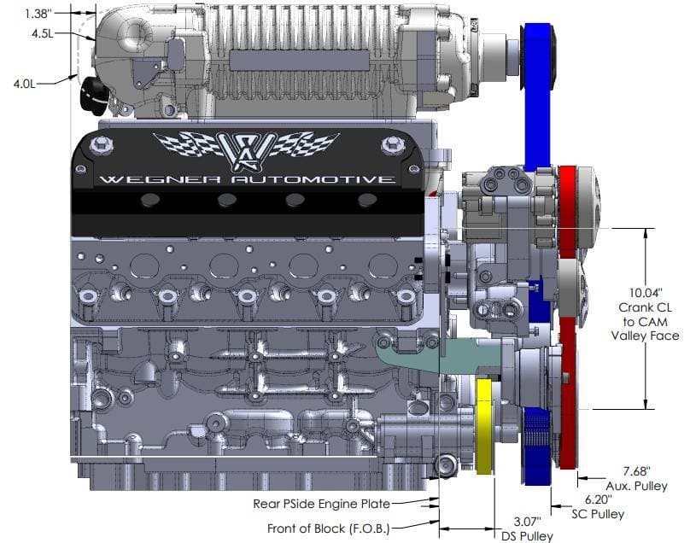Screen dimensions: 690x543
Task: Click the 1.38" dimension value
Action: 38,14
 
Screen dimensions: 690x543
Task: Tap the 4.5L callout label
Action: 42,33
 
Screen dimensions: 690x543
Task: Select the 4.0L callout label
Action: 24,84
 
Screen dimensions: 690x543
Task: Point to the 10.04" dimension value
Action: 645,293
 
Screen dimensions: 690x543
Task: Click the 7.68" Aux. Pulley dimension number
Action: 636,471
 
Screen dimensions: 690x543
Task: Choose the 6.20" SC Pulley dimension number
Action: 598,499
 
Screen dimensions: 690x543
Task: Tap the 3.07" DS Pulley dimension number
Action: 527,522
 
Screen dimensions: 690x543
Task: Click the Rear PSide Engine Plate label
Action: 321,504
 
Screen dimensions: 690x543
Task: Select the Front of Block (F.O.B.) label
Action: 328,528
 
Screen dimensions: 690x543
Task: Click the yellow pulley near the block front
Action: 484,426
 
